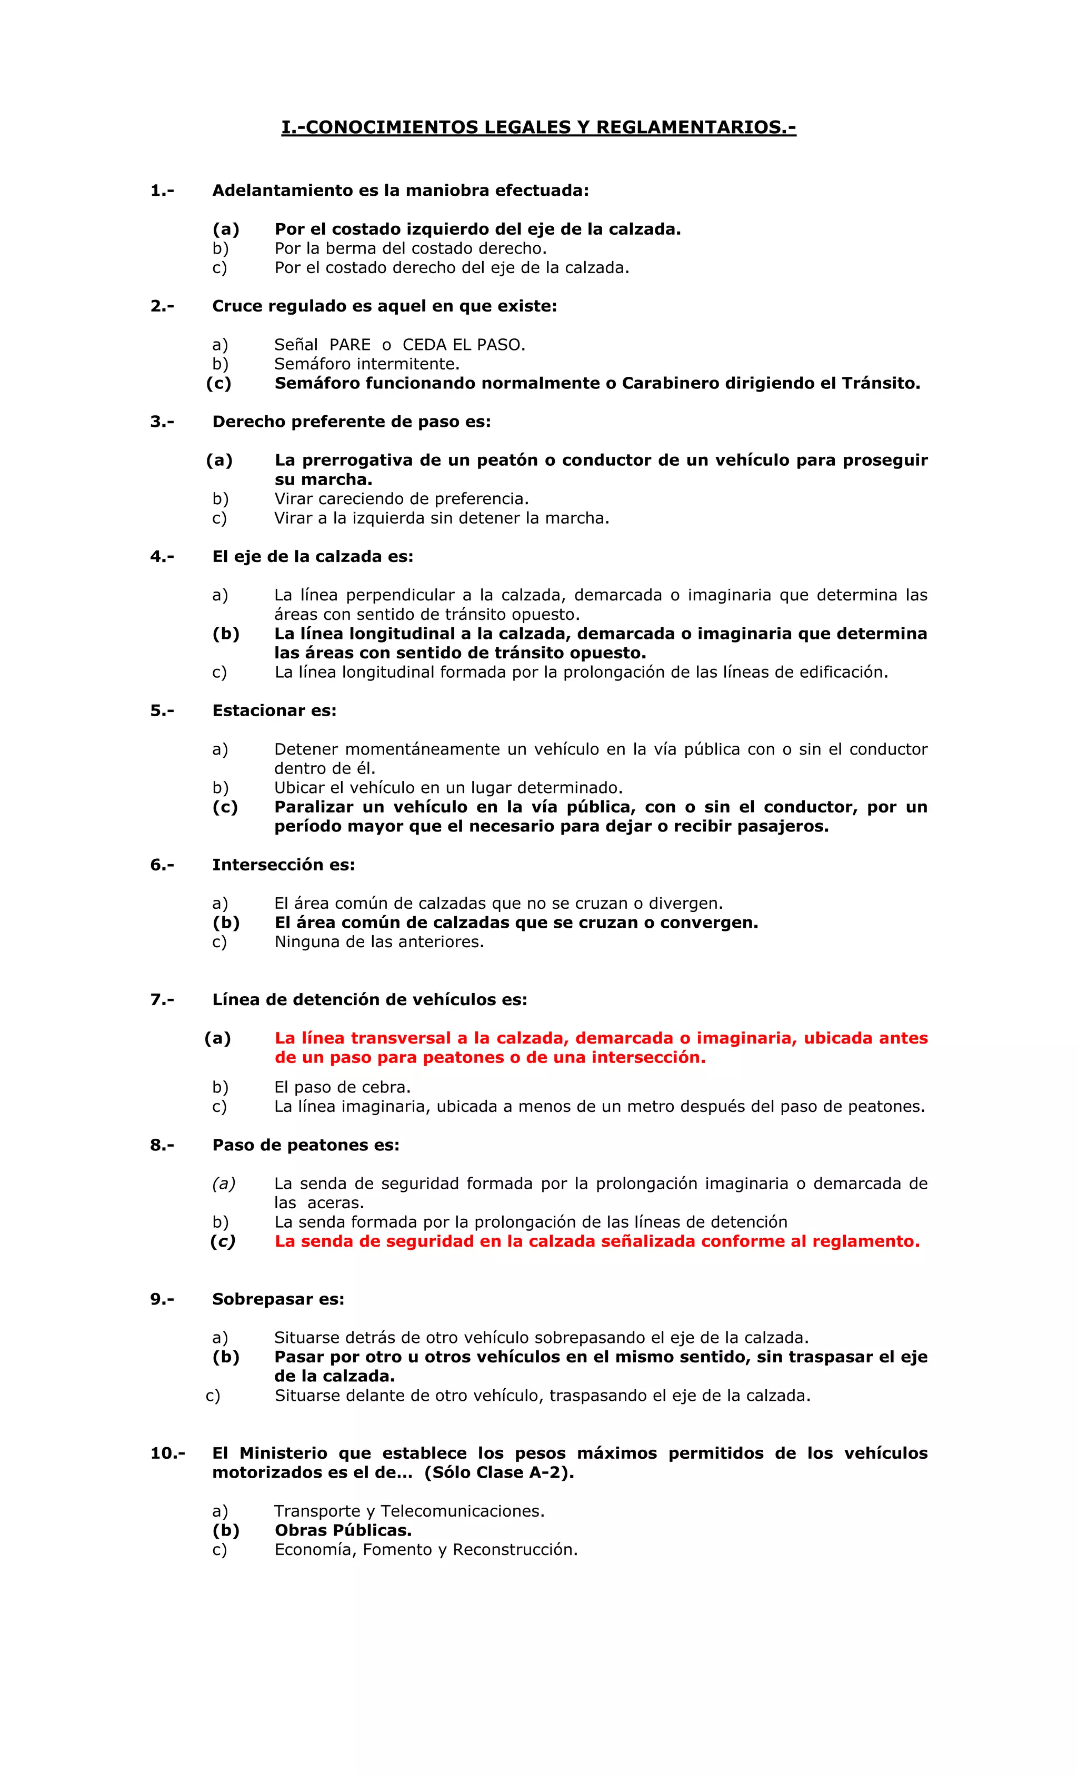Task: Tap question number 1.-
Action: click(x=162, y=191)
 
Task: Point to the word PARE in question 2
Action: click(x=350, y=345)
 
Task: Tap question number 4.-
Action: click(x=162, y=557)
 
